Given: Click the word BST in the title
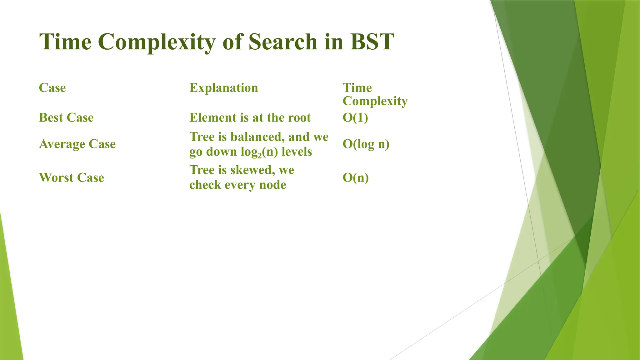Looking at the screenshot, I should pos(372,42).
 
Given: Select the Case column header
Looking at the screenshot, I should pos(52,88).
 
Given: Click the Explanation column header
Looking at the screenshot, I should pos(224,88).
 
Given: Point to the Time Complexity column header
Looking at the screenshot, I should pos(375,94).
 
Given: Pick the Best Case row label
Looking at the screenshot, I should pos(66,117).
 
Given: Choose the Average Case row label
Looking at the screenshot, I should pos(77,144).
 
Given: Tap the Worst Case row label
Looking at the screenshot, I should pos(71,177).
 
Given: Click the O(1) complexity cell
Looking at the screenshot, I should pos(355,117).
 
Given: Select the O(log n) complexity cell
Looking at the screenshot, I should pos(366,144).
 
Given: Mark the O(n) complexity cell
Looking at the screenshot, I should pos(356,177).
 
